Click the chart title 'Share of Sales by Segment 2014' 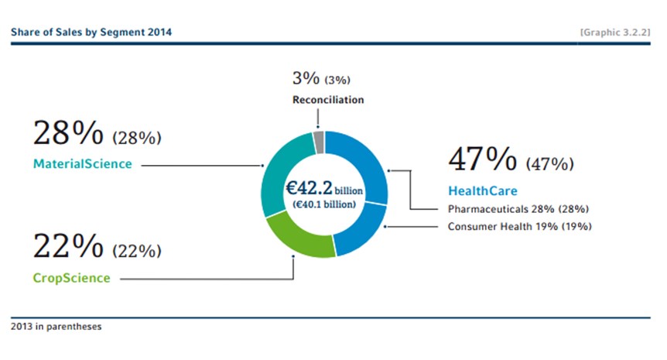[x=91, y=32]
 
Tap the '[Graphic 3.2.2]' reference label [x=615, y=33]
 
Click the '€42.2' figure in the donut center [x=309, y=187]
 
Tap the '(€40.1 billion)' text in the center [x=324, y=204]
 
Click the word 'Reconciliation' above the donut [x=328, y=100]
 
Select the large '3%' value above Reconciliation [x=306, y=78]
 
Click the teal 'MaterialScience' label [x=83, y=164]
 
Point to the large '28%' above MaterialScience [x=68, y=132]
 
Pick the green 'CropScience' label [x=71, y=278]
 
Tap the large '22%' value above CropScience [x=68, y=245]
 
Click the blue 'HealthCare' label [x=483, y=190]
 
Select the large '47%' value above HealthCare [x=483, y=159]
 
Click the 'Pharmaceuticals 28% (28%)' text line [x=518, y=209]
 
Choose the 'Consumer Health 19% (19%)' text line [x=519, y=226]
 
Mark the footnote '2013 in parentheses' [x=56, y=327]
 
